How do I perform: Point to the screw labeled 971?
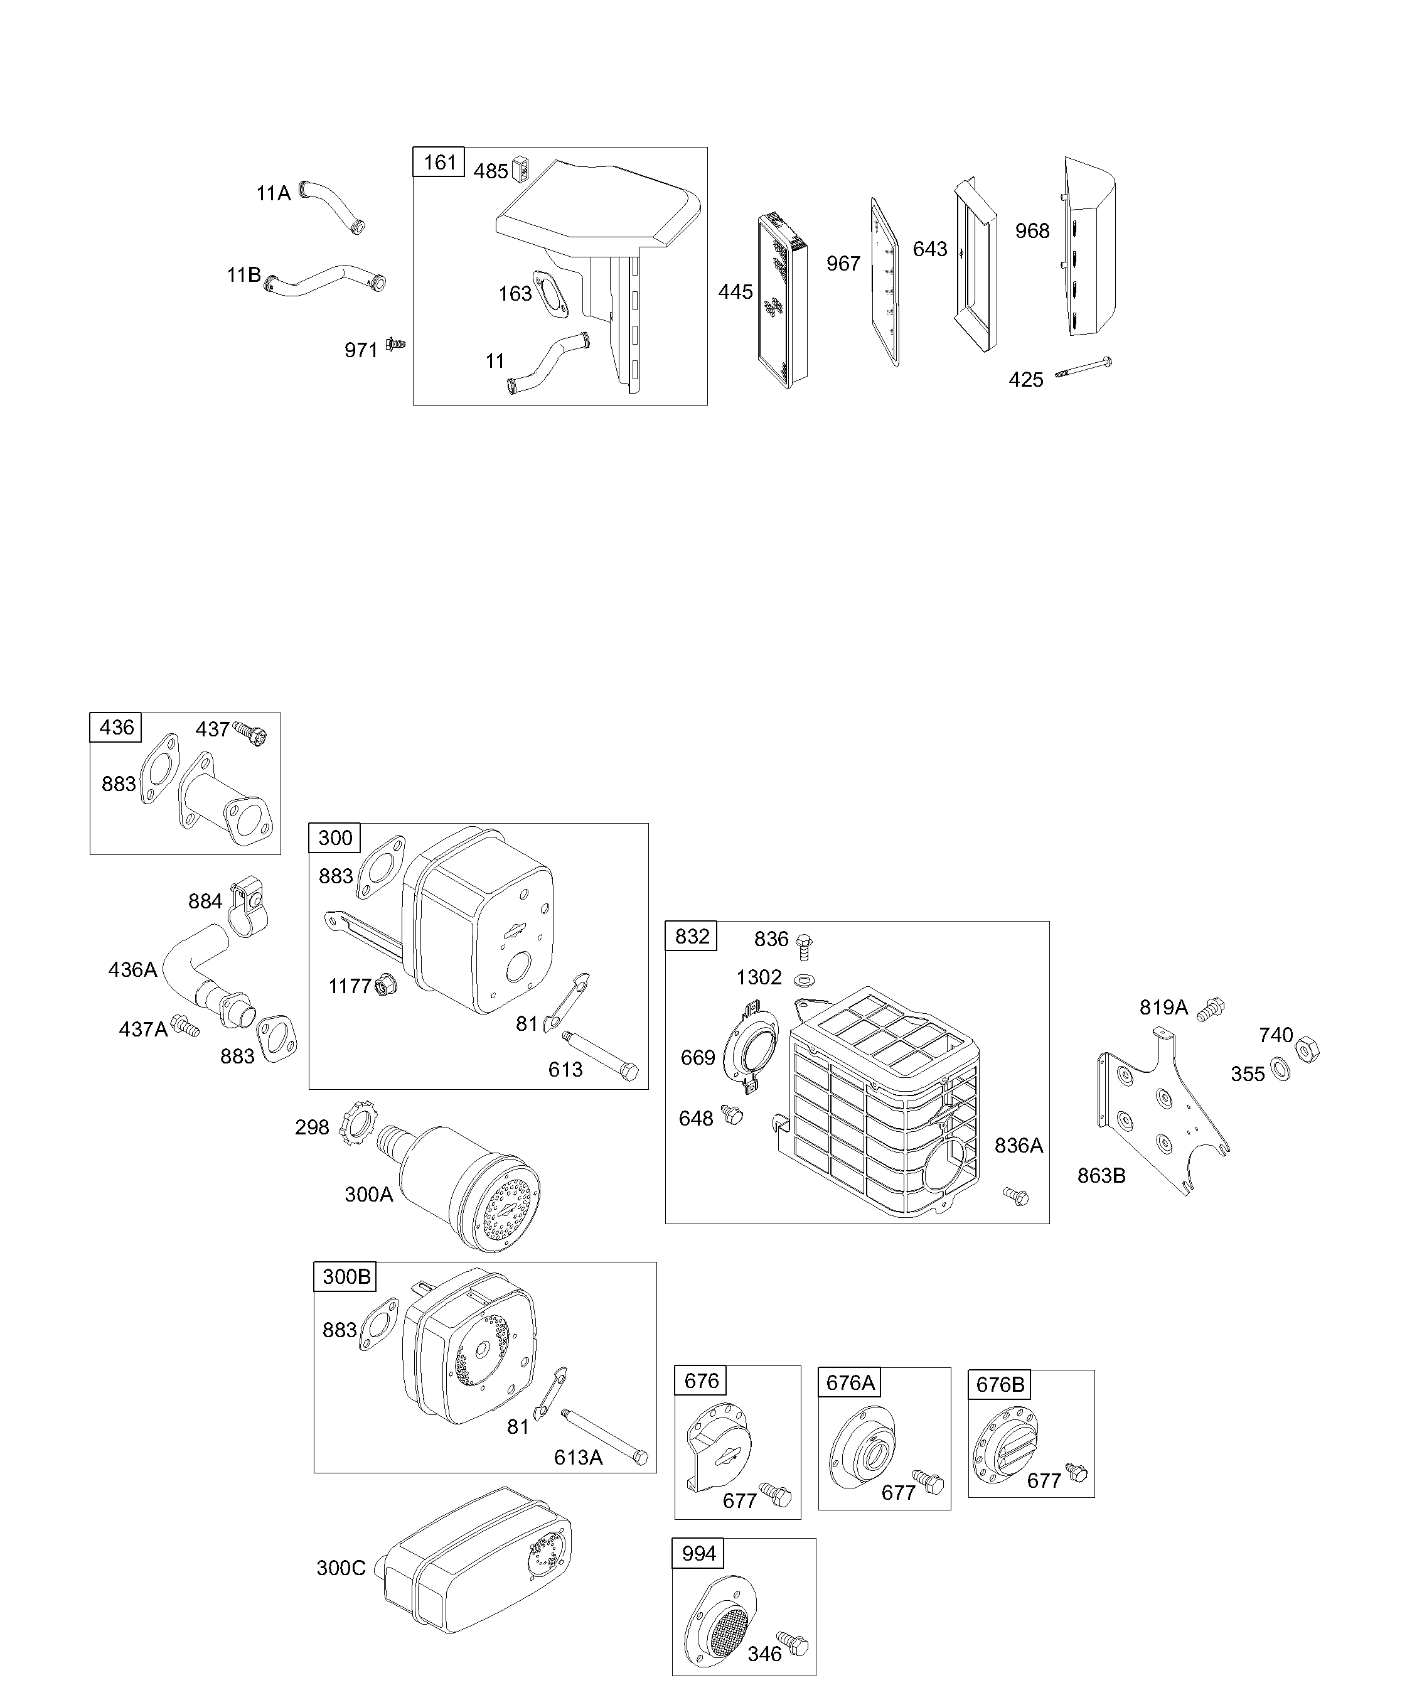pyautogui.click(x=395, y=345)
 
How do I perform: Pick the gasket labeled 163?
pyautogui.click(x=550, y=294)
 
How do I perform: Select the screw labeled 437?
pyautogui.click(x=250, y=733)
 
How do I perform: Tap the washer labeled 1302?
pyautogui.click(x=804, y=980)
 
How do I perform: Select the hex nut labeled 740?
pyautogui.click(x=1307, y=1050)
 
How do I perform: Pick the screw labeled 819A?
pyautogui.click(x=1211, y=1009)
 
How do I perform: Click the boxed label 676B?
pyautogui.click(x=1000, y=1384)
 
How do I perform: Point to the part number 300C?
pyautogui.click(x=341, y=1568)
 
